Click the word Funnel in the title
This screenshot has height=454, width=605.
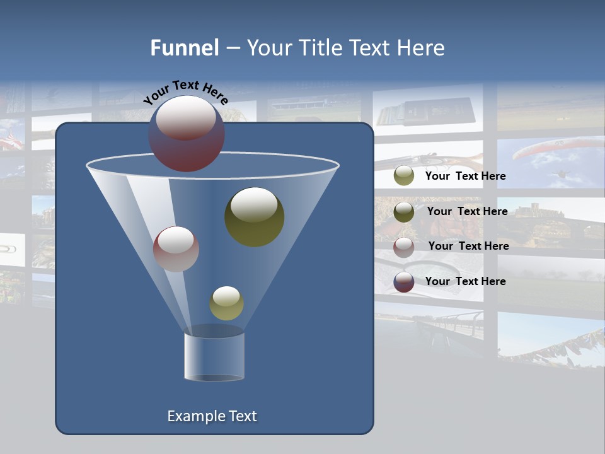pos(184,48)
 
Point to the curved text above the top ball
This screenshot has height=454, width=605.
pos(185,91)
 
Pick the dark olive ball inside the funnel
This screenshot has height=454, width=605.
pos(255,217)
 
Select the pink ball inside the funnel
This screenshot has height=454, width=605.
pos(176,249)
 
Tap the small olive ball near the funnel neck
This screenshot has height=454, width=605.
pos(226,303)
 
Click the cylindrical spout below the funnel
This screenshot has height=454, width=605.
pos(214,356)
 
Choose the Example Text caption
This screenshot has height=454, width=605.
pos(212,416)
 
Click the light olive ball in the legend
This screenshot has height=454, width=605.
pos(404,176)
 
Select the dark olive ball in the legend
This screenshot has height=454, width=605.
pos(404,211)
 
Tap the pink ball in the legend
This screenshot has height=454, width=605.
pos(404,247)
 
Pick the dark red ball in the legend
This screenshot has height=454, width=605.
pos(404,282)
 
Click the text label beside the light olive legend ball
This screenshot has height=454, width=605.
pos(465,177)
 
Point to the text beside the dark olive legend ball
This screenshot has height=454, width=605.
pos(467,211)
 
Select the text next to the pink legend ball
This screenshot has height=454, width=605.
pos(468,246)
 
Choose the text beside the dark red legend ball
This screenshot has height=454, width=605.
pos(465,281)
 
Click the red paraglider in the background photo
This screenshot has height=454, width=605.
pos(542,149)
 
